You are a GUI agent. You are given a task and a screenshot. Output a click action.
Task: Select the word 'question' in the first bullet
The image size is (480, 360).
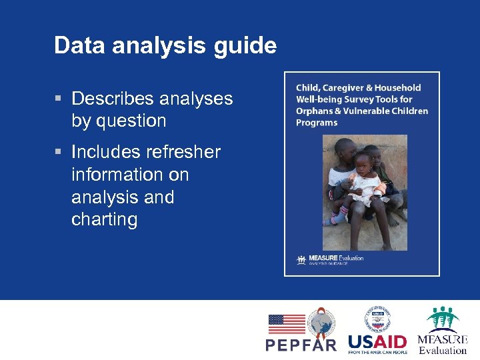click(x=130, y=121)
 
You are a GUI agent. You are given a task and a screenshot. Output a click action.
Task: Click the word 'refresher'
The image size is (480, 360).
click(x=182, y=152)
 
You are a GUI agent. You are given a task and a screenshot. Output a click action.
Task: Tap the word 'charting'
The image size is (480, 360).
click(x=104, y=220)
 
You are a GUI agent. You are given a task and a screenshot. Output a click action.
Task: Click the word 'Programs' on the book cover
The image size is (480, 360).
click(x=317, y=123)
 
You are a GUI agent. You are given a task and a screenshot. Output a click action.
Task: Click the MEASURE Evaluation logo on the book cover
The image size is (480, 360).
click(x=330, y=259)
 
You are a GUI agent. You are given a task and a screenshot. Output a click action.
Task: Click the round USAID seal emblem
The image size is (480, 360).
click(x=377, y=319)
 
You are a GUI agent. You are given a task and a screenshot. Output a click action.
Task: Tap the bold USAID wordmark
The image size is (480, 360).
click(x=377, y=341)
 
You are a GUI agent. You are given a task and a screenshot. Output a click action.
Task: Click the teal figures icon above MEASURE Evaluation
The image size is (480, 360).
click(x=443, y=319)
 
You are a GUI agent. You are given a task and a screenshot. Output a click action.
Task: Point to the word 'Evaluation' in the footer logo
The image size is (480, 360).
click(x=443, y=350)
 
